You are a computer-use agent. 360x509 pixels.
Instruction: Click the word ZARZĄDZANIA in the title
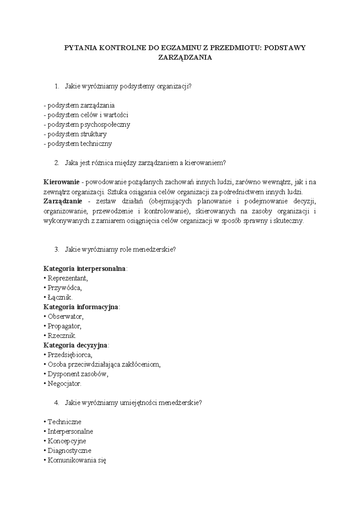[x=185, y=58]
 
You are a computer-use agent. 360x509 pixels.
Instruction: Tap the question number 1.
[x=57, y=86]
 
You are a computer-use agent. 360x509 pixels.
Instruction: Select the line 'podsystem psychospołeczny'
[x=87, y=124]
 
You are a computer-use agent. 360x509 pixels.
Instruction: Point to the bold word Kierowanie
[x=61, y=182]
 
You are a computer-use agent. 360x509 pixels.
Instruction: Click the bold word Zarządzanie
[x=63, y=201]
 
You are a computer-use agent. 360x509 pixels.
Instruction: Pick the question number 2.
[x=57, y=163]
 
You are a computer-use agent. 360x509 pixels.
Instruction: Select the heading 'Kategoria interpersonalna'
[x=85, y=268]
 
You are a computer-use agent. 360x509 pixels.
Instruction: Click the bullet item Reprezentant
[x=67, y=278]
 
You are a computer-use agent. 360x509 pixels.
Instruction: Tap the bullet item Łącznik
[x=60, y=297]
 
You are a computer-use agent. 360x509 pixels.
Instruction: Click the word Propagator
[x=64, y=326]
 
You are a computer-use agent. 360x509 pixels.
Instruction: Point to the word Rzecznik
[x=62, y=336]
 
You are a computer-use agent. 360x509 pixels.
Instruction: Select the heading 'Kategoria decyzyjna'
[x=76, y=345]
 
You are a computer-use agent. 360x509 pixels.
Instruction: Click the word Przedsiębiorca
[x=70, y=355]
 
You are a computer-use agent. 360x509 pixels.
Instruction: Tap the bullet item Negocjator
[x=64, y=384]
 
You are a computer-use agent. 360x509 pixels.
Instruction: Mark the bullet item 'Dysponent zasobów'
[x=77, y=374]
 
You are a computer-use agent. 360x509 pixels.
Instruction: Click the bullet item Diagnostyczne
[x=69, y=450]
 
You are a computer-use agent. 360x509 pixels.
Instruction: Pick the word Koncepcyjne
[x=67, y=441]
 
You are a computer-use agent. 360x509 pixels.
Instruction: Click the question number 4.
[x=57, y=403]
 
